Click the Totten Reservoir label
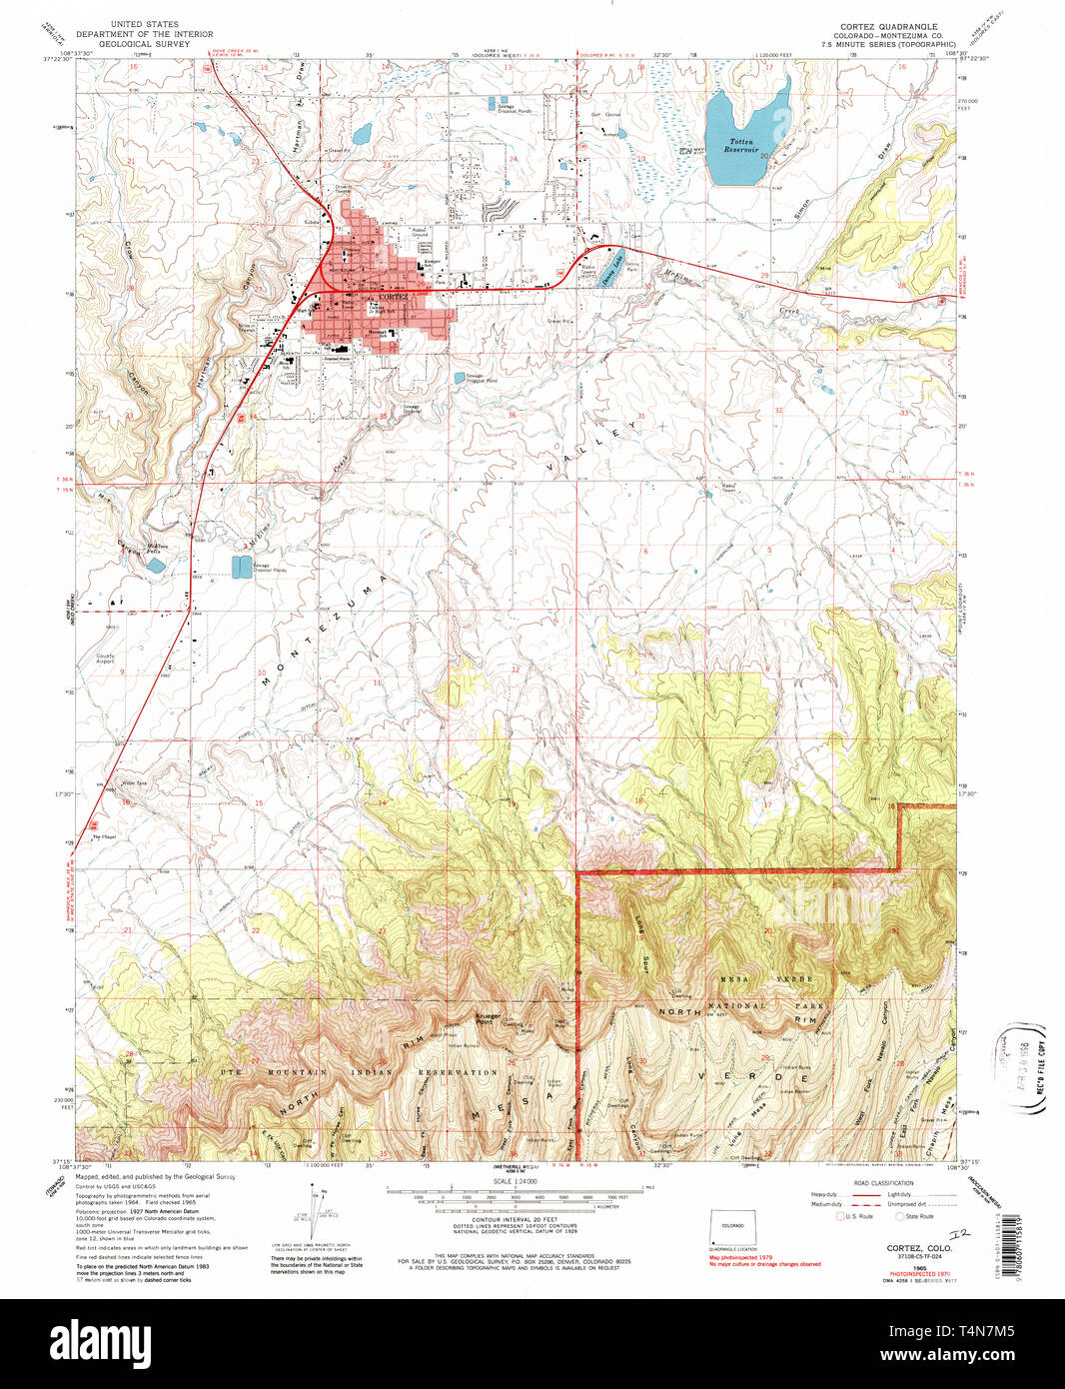point(740,146)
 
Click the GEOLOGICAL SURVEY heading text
point(146,43)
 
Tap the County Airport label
point(105,660)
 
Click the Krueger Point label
point(488,1017)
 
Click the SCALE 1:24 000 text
point(532,1181)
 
